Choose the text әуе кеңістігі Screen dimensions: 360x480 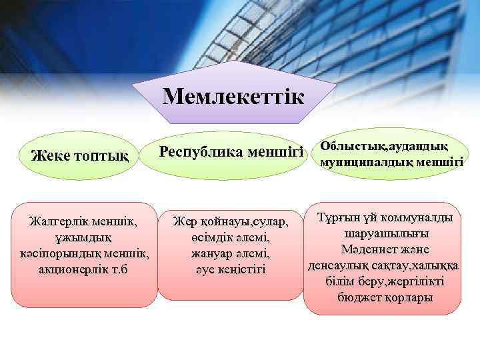point(229,270)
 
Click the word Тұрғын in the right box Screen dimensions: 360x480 point(339,218)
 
